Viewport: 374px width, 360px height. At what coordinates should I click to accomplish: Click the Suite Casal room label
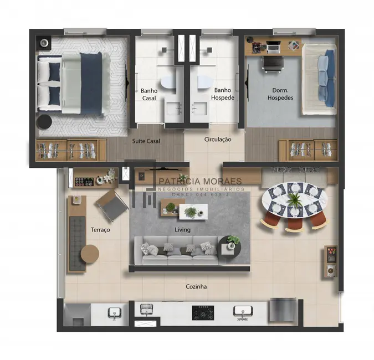point(146,141)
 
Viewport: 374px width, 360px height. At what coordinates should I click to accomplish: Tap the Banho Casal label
point(149,94)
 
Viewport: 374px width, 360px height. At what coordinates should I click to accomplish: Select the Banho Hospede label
point(223,94)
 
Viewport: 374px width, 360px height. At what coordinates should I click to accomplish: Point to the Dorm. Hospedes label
point(280,94)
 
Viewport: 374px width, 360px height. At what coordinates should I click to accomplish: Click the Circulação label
point(218,140)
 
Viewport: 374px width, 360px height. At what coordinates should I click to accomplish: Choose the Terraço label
point(100,229)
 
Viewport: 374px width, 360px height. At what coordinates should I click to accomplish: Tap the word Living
point(182,229)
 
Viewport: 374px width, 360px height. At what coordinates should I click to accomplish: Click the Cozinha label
point(197,286)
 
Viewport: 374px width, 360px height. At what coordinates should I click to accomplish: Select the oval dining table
point(294,200)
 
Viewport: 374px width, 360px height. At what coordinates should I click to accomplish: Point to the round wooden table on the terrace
point(90,254)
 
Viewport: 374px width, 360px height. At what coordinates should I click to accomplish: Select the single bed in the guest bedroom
point(319,78)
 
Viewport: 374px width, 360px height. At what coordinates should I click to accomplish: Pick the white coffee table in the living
point(185,211)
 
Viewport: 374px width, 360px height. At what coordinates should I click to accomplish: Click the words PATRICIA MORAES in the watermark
point(201,181)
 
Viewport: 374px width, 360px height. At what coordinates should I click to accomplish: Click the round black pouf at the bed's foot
point(44,122)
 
